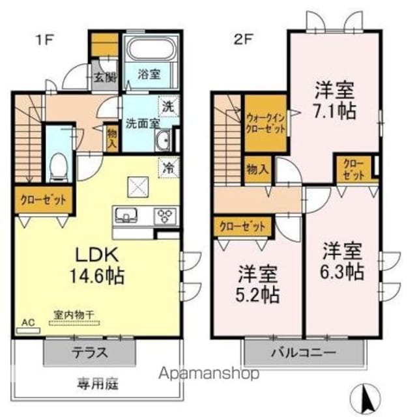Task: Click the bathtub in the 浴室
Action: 149,50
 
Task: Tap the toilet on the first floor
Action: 58,167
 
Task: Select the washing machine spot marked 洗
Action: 169,106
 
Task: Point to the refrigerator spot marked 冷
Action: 169,168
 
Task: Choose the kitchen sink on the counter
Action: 126,214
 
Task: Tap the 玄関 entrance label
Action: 106,78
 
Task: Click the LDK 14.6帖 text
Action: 97,265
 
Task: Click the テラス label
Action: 90,352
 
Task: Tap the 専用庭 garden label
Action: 98,384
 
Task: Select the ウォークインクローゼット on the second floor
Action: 266,124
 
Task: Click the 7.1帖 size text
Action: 334,111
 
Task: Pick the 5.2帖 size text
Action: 257,295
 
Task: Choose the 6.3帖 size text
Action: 341,271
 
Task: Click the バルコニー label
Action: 304,353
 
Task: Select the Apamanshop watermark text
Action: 209,373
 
